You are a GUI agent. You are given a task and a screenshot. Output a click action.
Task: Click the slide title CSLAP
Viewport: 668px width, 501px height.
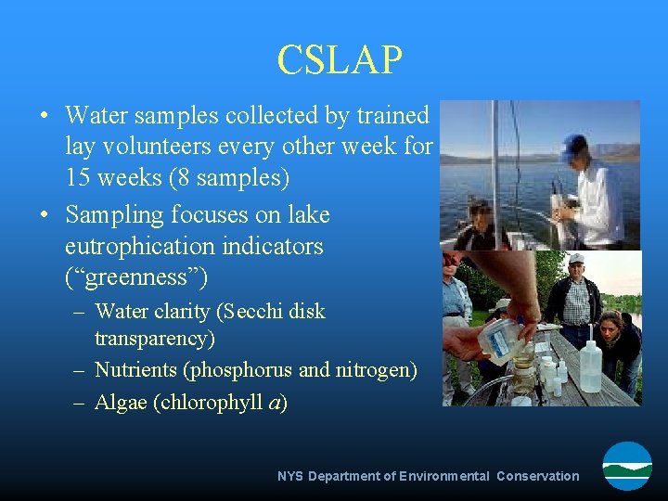coord(340,60)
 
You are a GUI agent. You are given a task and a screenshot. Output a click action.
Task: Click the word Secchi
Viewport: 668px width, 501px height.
coord(245,311)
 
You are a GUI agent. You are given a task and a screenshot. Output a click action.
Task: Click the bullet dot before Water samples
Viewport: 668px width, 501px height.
coord(45,117)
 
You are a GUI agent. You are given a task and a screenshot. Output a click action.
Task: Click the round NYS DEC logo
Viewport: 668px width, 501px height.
coord(627,466)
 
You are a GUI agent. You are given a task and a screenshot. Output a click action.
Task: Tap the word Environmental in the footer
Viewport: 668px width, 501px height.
coord(444,476)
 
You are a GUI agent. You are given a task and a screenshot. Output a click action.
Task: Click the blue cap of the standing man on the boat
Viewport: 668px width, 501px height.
coord(574,145)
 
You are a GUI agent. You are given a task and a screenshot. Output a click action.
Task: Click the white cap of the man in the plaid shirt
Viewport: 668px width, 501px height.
coord(575,259)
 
